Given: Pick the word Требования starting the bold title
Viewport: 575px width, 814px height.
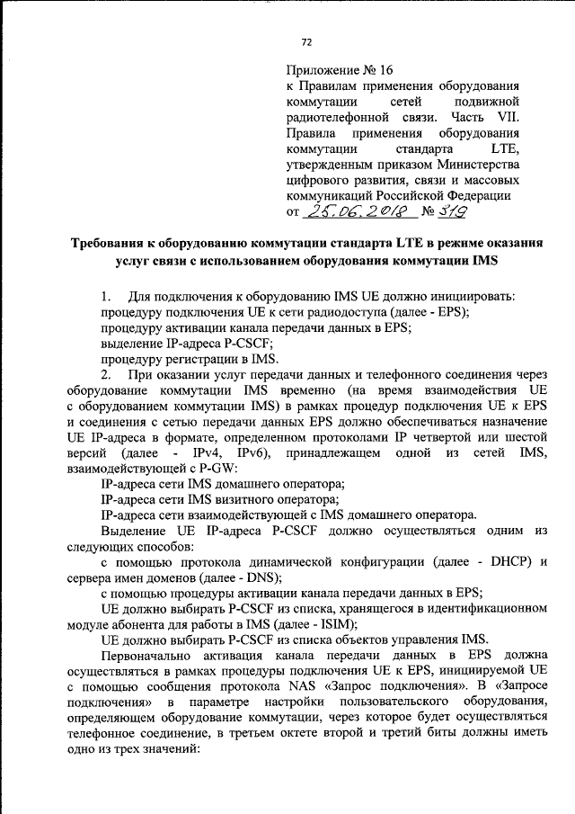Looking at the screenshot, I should coord(115,243).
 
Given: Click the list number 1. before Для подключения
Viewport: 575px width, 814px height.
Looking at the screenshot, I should coord(106,297).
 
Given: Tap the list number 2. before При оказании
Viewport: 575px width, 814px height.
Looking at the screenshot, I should coord(106,373).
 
